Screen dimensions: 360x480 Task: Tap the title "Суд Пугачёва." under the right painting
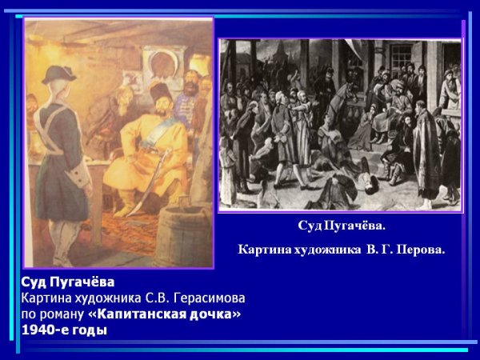tap(341, 226)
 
